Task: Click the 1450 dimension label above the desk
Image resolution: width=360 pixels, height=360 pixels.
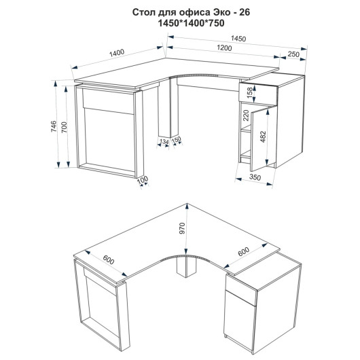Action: point(238,39)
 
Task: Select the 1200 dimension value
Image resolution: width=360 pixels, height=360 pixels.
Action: point(224,48)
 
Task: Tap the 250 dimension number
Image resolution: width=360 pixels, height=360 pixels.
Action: point(293,54)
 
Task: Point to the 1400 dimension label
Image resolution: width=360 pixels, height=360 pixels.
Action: point(117,53)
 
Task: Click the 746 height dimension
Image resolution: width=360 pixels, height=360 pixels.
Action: point(53,126)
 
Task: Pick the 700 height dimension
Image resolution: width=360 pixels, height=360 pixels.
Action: point(65,127)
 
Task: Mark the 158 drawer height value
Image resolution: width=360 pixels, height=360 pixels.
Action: point(249,92)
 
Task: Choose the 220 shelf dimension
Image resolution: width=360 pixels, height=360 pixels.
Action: point(246,115)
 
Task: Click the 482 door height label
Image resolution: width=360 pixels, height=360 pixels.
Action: point(263,137)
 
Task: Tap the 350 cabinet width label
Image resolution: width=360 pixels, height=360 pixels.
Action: point(255,177)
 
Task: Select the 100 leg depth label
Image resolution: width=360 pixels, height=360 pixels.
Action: point(143,179)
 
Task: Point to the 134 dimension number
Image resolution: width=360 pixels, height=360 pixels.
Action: point(164,142)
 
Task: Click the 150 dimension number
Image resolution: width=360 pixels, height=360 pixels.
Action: point(177,140)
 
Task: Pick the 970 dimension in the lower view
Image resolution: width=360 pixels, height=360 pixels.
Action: point(182,228)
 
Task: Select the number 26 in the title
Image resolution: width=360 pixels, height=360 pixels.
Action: point(245,12)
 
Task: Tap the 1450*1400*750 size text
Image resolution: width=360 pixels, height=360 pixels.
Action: point(192,23)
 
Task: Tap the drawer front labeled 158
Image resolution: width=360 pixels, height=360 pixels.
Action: point(258,93)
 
